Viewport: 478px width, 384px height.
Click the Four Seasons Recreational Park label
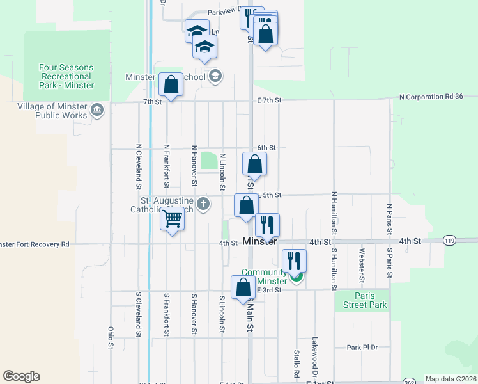(x=66, y=76)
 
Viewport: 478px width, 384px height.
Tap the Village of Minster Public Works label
(x=52, y=111)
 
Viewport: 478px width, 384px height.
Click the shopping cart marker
(x=172, y=220)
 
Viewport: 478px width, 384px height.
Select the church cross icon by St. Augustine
(x=203, y=204)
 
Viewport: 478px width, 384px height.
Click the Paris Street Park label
(x=362, y=300)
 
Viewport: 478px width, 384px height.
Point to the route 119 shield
(x=450, y=241)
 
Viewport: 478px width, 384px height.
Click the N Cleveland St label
(x=138, y=167)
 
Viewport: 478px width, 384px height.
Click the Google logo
(x=21, y=376)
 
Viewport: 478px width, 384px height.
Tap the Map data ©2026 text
(x=451, y=379)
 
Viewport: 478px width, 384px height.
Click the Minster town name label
(x=260, y=242)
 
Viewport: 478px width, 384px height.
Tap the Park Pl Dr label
(x=362, y=348)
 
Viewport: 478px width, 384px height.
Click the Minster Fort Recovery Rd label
(x=34, y=244)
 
